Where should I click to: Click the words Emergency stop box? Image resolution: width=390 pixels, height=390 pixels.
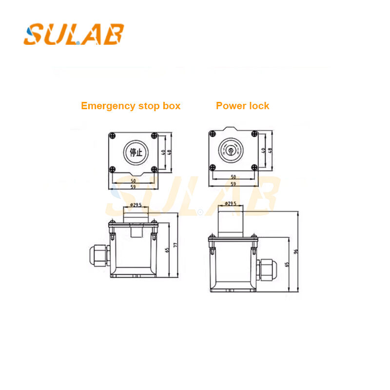click(131, 106)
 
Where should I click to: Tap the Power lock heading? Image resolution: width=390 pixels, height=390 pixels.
click(242, 106)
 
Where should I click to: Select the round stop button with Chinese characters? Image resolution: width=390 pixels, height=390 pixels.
click(134, 152)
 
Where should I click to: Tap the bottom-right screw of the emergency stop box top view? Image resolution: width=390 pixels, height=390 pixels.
click(154, 169)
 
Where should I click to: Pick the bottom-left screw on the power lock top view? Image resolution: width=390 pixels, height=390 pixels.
click(213, 168)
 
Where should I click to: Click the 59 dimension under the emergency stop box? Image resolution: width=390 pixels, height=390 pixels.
click(133, 186)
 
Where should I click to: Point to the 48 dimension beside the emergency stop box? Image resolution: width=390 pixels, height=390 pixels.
click(170, 152)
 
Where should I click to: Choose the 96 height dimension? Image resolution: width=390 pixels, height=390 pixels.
click(296, 252)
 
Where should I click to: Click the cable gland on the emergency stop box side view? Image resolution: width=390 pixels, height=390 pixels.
click(98, 254)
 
